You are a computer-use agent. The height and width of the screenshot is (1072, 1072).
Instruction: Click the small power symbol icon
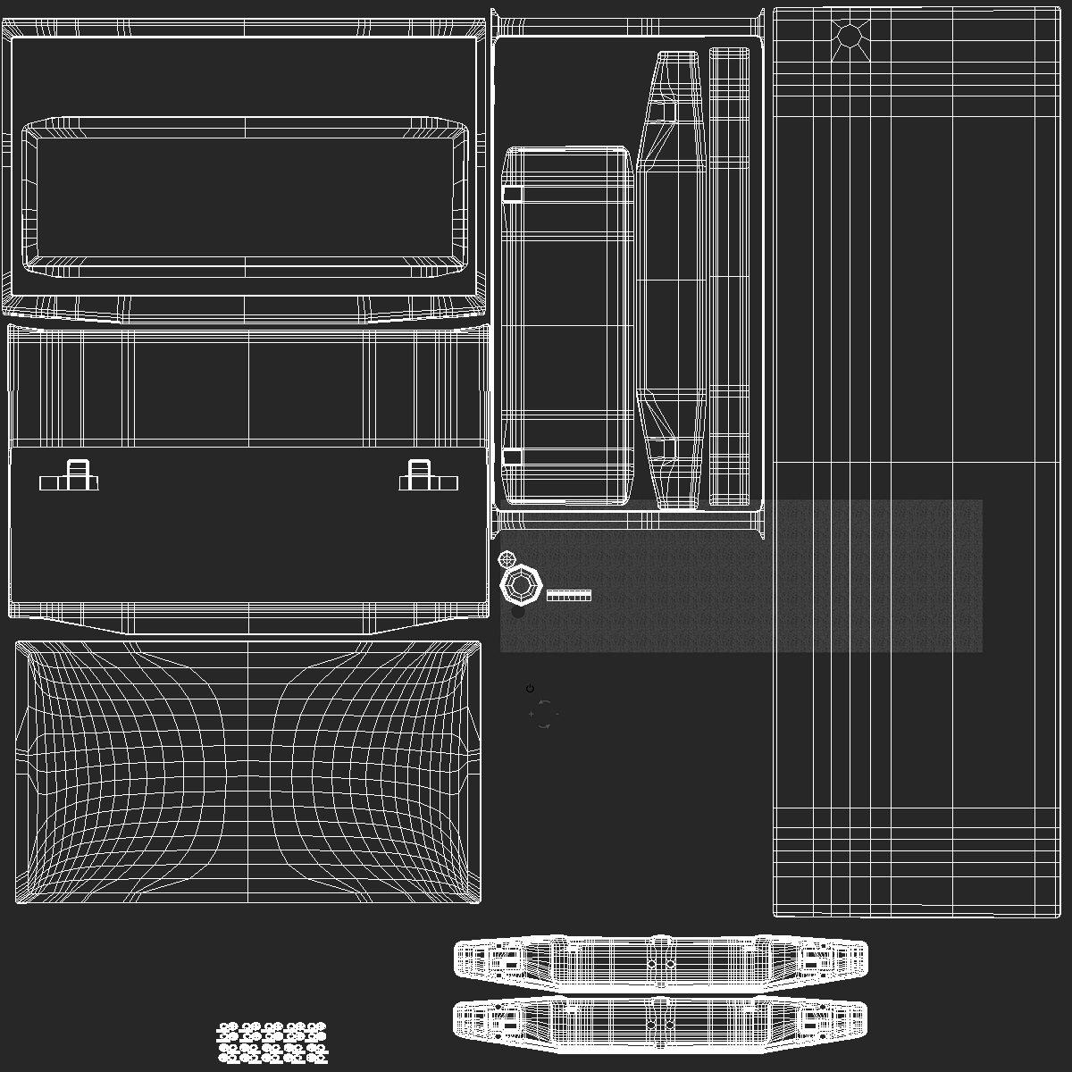(531, 689)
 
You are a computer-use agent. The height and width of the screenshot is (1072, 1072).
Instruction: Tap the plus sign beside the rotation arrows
(532, 715)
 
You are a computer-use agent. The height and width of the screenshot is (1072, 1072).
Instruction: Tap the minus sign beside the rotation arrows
(557, 715)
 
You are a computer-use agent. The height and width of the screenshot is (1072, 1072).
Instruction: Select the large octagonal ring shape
(521, 586)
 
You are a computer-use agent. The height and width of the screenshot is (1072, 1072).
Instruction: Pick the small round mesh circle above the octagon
(507, 560)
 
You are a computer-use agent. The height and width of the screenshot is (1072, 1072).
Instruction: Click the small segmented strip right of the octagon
(569, 595)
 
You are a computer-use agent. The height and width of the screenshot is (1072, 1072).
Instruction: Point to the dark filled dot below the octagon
(518, 612)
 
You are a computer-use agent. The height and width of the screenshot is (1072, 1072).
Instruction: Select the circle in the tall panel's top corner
(849, 36)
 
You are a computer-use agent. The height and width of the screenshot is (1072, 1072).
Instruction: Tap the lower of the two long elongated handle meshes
(660, 1020)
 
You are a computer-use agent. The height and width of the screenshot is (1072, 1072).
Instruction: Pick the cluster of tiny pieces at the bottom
(272, 1043)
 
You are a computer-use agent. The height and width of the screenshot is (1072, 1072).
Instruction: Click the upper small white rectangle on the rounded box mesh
(512, 194)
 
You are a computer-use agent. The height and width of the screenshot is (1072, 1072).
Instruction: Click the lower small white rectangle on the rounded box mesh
(512, 457)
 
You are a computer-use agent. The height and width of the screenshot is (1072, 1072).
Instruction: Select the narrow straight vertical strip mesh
(729, 277)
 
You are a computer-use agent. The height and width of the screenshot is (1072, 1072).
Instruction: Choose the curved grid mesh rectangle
(247, 772)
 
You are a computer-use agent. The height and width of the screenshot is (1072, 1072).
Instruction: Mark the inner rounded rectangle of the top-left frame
(245, 197)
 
